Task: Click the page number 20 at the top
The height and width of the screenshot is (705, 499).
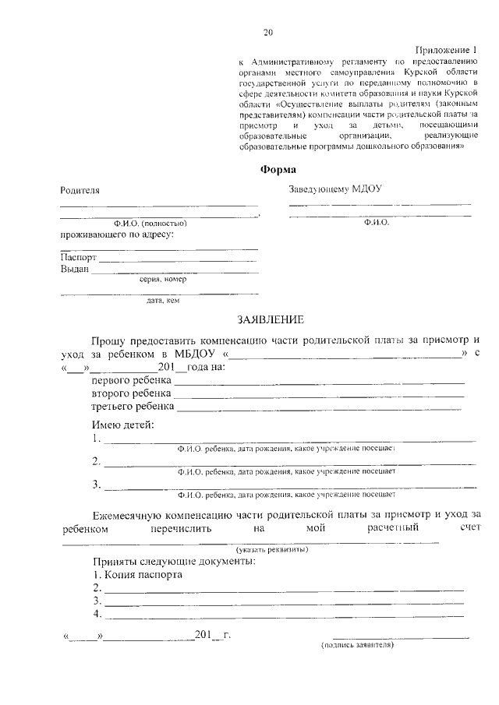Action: coord(268,33)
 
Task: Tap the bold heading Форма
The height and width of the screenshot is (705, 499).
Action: coord(277,170)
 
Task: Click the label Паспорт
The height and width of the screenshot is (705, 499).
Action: coord(79,257)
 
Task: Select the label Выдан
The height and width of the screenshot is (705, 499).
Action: coord(75,270)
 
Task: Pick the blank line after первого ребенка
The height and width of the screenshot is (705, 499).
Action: coord(320,382)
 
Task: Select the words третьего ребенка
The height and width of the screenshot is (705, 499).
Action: coord(132,407)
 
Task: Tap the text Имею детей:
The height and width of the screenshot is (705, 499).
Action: coord(122,425)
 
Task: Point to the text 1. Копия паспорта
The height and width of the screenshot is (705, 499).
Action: coord(137,575)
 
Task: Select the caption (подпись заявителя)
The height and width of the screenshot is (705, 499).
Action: coord(358,645)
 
